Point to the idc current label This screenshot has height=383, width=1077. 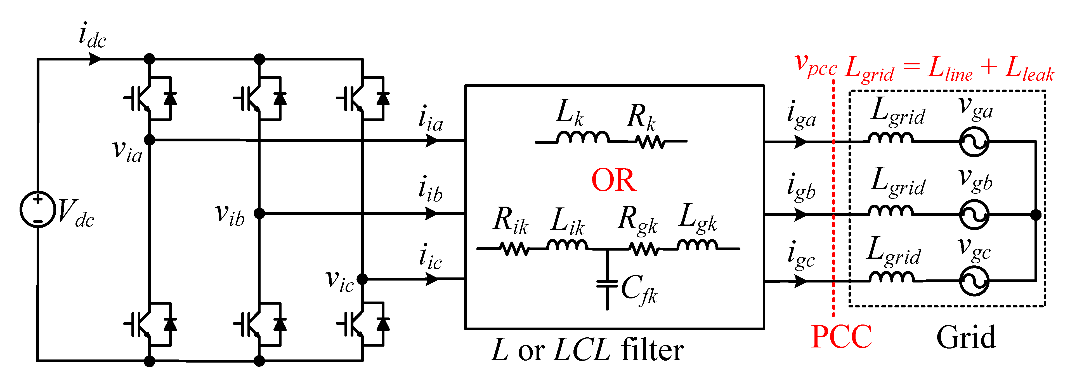coord(92,36)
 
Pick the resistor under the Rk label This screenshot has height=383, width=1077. coord(649,142)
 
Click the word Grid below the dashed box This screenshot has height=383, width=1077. coord(966,337)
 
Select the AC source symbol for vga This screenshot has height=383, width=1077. coord(974,142)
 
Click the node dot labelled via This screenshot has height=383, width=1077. coord(149,140)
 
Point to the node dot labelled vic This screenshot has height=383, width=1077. coord(362,279)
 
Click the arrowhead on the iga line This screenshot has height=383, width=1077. coord(800,142)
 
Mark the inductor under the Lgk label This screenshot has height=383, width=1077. coord(697,245)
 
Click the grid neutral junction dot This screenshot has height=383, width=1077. coord(1036,215)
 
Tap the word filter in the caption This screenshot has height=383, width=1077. coord(652,351)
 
